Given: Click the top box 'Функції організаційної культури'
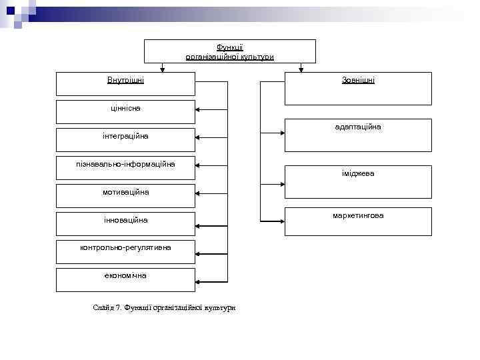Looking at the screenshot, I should (230, 51).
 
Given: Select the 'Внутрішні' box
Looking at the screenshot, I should (125, 84).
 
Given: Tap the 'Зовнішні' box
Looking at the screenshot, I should (358, 89).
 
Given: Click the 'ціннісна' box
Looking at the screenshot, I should (125, 111).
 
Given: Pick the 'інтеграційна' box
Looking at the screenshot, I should (125, 139).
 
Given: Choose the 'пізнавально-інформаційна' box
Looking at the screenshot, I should (125, 167).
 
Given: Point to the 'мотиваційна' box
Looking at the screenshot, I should (125, 195).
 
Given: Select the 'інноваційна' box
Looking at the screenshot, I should (125, 223).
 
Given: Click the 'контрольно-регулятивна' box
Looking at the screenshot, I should (125, 251).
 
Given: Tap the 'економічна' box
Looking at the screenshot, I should (125, 279).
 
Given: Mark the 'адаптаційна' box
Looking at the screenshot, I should (358, 135).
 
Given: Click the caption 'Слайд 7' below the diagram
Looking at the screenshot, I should (165, 307).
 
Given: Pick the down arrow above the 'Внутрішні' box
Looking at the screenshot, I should (162, 68).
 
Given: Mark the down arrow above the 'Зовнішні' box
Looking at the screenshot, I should (301, 68).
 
